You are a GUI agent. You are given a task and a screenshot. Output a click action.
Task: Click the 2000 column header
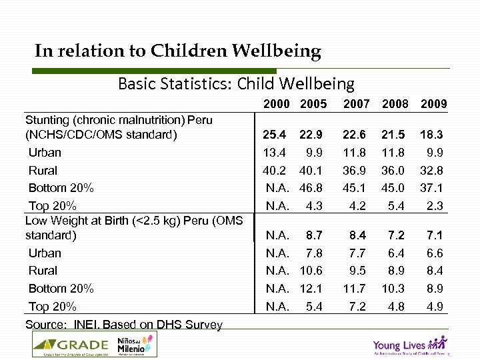(x=276, y=104)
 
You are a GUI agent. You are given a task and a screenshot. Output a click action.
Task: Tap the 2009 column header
(x=433, y=104)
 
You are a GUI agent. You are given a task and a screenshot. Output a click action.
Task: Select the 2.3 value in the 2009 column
(x=435, y=206)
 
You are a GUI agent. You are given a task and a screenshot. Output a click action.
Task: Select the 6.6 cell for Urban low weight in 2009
(x=435, y=253)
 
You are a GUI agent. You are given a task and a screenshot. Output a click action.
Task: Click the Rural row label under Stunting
(x=43, y=171)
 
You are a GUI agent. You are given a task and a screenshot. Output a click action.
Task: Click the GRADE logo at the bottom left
(x=71, y=345)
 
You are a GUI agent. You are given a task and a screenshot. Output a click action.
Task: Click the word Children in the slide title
(x=189, y=51)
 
